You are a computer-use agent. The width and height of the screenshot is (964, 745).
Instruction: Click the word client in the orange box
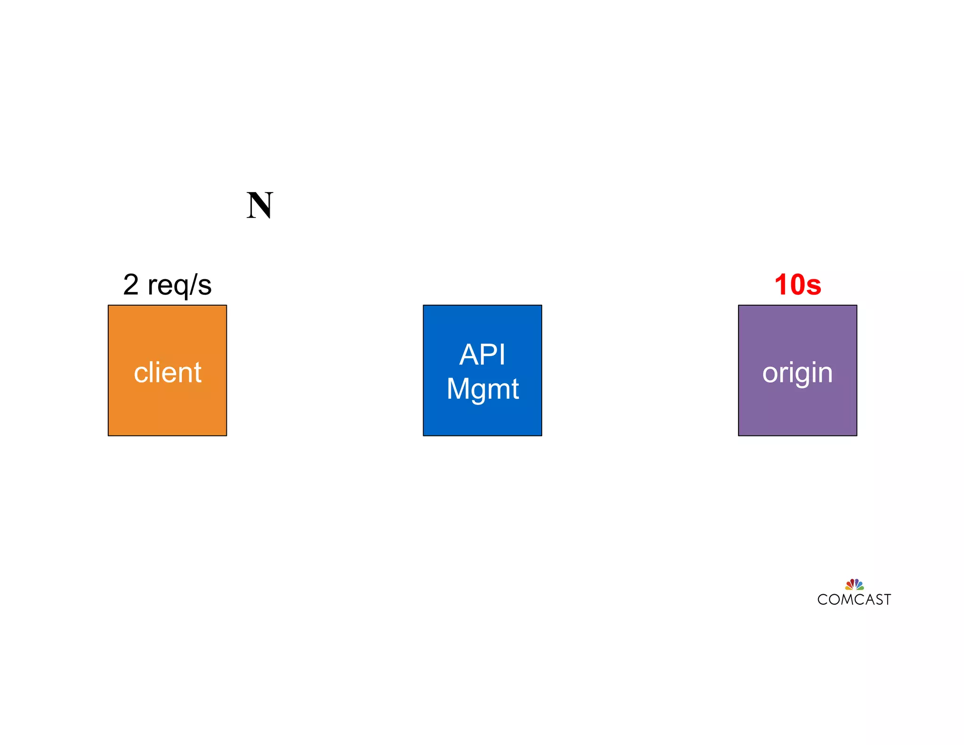[x=168, y=372]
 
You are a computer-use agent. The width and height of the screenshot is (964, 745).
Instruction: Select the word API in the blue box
[x=482, y=355]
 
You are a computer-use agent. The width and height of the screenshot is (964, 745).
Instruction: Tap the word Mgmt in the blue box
[x=482, y=389]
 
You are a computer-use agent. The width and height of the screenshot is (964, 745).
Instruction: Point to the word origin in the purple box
[x=797, y=373]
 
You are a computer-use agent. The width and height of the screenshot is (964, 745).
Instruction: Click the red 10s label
[x=797, y=284]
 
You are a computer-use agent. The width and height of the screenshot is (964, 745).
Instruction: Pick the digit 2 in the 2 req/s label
[x=131, y=284]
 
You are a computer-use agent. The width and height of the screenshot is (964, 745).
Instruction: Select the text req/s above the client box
[x=179, y=285]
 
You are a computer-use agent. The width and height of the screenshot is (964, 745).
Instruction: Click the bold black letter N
[x=259, y=205]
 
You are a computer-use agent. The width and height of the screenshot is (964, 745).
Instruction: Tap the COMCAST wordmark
[x=854, y=599]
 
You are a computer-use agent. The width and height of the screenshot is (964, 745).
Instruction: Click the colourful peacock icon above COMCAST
[x=854, y=585]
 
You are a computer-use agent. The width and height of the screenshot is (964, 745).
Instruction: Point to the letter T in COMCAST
[x=887, y=599]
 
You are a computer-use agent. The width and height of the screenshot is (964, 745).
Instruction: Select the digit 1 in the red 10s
[x=782, y=284]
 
